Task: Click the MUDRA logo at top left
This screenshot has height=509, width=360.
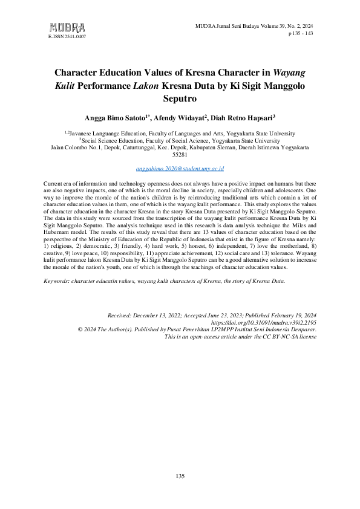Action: click(67, 27)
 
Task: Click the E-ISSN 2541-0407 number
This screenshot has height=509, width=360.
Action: click(67, 37)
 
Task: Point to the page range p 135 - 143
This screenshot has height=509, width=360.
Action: click(300, 34)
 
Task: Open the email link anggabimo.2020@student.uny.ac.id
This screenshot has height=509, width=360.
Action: click(180, 170)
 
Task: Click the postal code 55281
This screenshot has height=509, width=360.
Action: click(180, 154)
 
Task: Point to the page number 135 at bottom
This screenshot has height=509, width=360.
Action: click(180, 477)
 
